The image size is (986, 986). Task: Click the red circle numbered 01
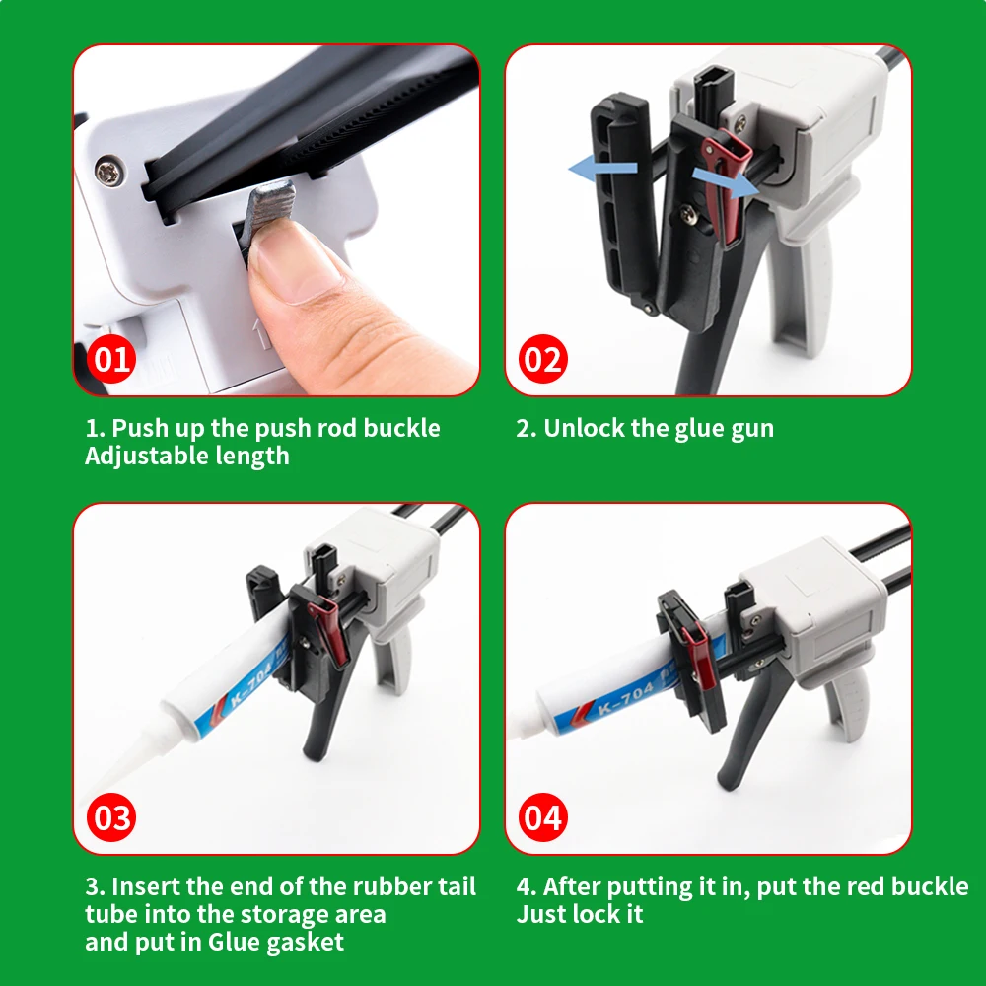[111, 359]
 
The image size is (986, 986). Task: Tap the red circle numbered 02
[542, 359]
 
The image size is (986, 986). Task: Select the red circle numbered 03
[111, 817]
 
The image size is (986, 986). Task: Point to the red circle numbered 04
[542, 817]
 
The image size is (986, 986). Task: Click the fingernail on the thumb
[296, 257]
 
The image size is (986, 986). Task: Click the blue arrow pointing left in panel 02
[602, 169]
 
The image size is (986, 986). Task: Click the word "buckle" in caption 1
[402, 428]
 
